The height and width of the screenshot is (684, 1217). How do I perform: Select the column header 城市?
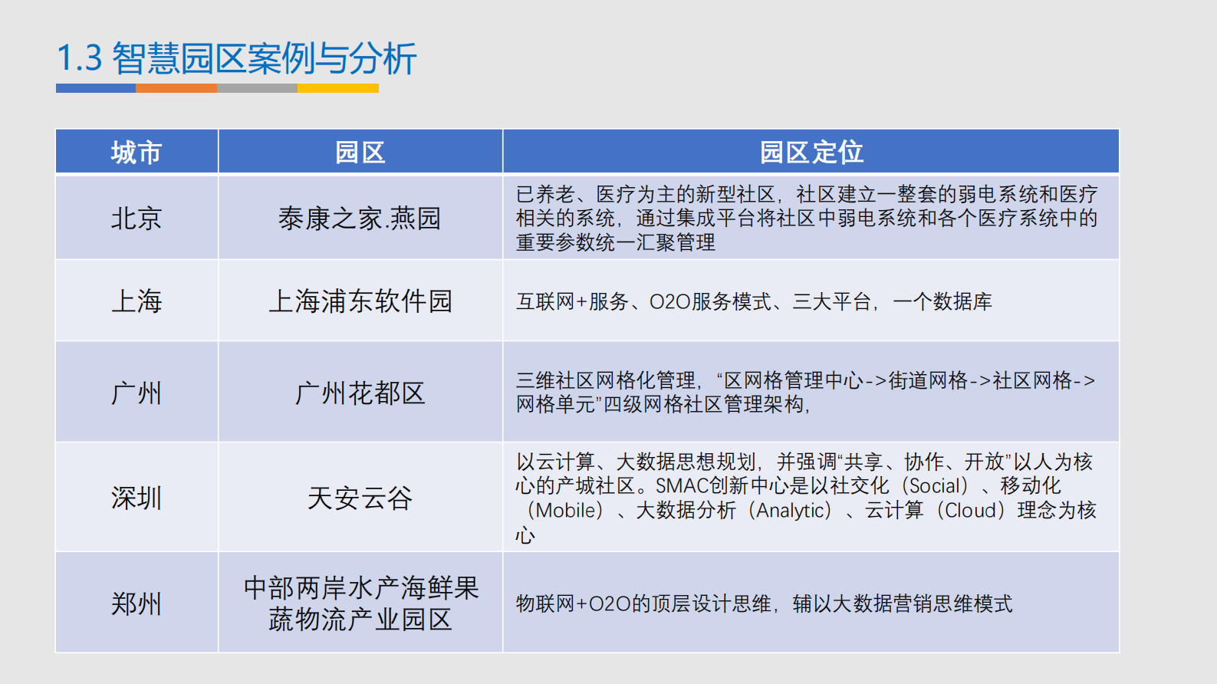[x=137, y=153]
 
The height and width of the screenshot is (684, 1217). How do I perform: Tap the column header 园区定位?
[x=811, y=153]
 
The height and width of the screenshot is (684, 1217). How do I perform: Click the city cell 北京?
[x=137, y=219]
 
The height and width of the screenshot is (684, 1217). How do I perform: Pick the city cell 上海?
[x=137, y=301]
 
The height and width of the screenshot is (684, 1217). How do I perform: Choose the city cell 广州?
[x=137, y=393]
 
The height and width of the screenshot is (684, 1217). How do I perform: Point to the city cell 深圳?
[x=137, y=498]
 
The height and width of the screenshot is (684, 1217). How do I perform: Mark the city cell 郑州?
[x=137, y=603]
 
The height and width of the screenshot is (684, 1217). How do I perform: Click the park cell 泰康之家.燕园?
[x=360, y=219]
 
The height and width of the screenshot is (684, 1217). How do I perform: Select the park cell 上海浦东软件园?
[x=360, y=301]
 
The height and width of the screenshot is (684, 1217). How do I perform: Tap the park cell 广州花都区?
[x=360, y=393]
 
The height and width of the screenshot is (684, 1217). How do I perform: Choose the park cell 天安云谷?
[x=360, y=498]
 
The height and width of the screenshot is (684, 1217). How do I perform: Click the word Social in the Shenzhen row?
[x=935, y=486]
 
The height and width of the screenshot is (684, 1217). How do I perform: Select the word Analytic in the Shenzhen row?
[x=792, y=511]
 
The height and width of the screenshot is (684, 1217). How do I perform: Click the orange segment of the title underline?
[x=176, y=88]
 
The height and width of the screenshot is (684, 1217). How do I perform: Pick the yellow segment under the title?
[x=338, y=88]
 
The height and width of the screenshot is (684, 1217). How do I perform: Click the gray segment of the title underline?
[x=257, y=88]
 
